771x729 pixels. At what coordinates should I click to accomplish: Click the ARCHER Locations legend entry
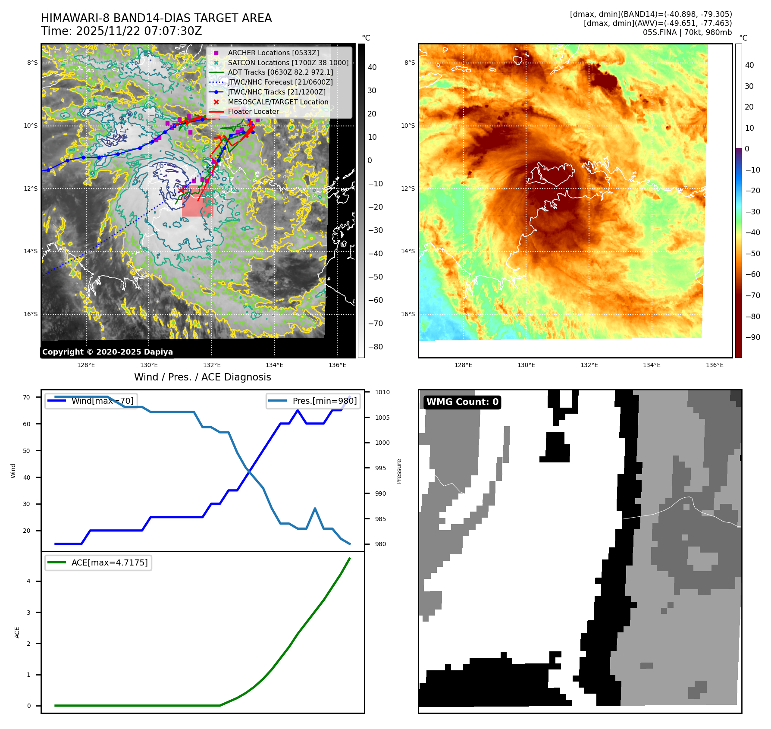point(273,53)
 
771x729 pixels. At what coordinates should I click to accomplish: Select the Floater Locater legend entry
point(253,111)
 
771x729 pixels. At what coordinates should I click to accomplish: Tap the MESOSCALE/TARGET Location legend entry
point(278,102)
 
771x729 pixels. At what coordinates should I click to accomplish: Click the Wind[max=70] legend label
point(102,401)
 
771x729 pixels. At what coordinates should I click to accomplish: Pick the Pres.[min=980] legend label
point(324,401)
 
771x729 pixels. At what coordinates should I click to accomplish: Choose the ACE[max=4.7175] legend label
point(109,562)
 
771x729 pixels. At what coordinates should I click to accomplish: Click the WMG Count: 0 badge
point(462,402)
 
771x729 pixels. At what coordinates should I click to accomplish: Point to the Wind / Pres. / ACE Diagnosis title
point(203,377)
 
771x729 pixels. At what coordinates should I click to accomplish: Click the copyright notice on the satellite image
point(107,352)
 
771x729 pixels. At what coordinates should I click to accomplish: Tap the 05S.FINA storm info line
point(687,32)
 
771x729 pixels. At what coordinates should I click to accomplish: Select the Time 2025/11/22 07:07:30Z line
point(121,31)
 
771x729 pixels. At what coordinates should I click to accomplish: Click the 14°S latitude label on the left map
point(31,251)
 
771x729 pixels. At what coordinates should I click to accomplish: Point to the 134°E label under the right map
point(652,365)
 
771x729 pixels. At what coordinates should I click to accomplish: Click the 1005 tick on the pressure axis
point(382,418)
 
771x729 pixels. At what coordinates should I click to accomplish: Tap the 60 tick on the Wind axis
point(27,424)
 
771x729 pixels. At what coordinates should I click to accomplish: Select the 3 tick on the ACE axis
point(29,613)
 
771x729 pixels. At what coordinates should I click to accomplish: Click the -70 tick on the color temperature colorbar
point(753,295)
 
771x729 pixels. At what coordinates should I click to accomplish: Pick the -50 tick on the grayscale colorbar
point(375,277)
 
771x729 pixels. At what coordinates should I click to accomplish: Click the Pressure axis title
point(399,471)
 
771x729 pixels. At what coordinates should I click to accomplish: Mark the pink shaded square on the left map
point(197,202)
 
